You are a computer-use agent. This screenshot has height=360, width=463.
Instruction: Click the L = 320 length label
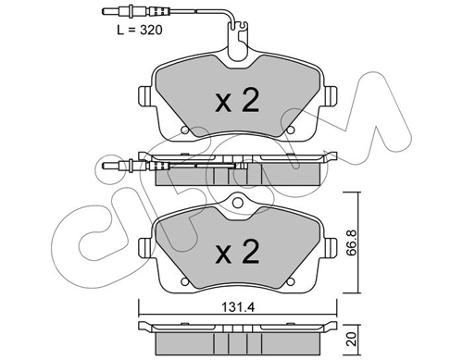point(140,30)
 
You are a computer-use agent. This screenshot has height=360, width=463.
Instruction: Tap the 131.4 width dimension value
point(238,307)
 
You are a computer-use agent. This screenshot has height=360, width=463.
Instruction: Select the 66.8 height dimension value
point(353,242)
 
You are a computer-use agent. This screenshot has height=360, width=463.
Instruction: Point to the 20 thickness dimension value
point(353,339)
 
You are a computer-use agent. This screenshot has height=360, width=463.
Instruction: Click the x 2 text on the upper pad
point(237,101)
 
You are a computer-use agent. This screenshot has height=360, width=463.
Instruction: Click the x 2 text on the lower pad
point(237,252)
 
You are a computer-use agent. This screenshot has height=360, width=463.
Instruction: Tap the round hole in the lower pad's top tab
point(237,203)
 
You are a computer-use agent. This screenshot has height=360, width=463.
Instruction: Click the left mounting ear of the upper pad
point(145,95)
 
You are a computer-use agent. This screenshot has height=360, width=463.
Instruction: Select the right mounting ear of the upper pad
point(330,95)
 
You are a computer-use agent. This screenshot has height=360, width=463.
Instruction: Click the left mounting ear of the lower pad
point(145,247)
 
